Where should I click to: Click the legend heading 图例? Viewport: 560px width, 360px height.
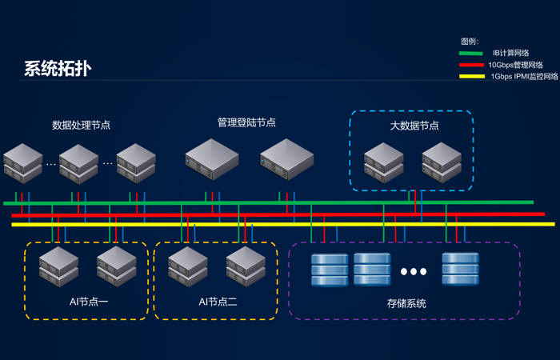pyautogui.click(x=469, y=41)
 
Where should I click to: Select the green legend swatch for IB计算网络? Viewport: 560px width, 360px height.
pyautogui.click(x=471, y=54)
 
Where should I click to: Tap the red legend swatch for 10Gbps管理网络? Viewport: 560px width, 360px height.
pyautogui.click(x=471, y=66)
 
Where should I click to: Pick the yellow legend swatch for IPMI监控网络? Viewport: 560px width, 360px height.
pyautogui.click(x=471, y=78)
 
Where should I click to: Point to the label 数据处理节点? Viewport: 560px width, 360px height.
pyautogui.click(x=81, y=125)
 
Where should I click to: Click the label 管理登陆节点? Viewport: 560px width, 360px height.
pyautogui.click(x=246, y=122)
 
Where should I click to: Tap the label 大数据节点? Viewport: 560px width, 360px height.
pyautogui.click(x=414, y=126)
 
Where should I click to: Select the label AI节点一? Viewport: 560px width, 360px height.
pyautogui.click(x=89, y=302)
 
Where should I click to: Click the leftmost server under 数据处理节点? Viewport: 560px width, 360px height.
pyautogui.click(x=22, y=164)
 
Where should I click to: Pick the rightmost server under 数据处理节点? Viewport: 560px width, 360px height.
pyautogui.click(x=136, y=164)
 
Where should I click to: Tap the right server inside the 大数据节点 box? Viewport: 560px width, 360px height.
pyautogui.click(x=442, y=163)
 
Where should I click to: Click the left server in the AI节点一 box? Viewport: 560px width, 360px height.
pyautogui.click(x=60, y=267)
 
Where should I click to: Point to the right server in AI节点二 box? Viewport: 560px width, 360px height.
pyautogui.click(x=245, y=267)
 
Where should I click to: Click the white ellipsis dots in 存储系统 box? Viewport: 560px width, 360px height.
pyautogui.click(x=414, y=272)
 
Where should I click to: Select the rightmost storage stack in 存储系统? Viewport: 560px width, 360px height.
pyautogui.click(x=460, y=270)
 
